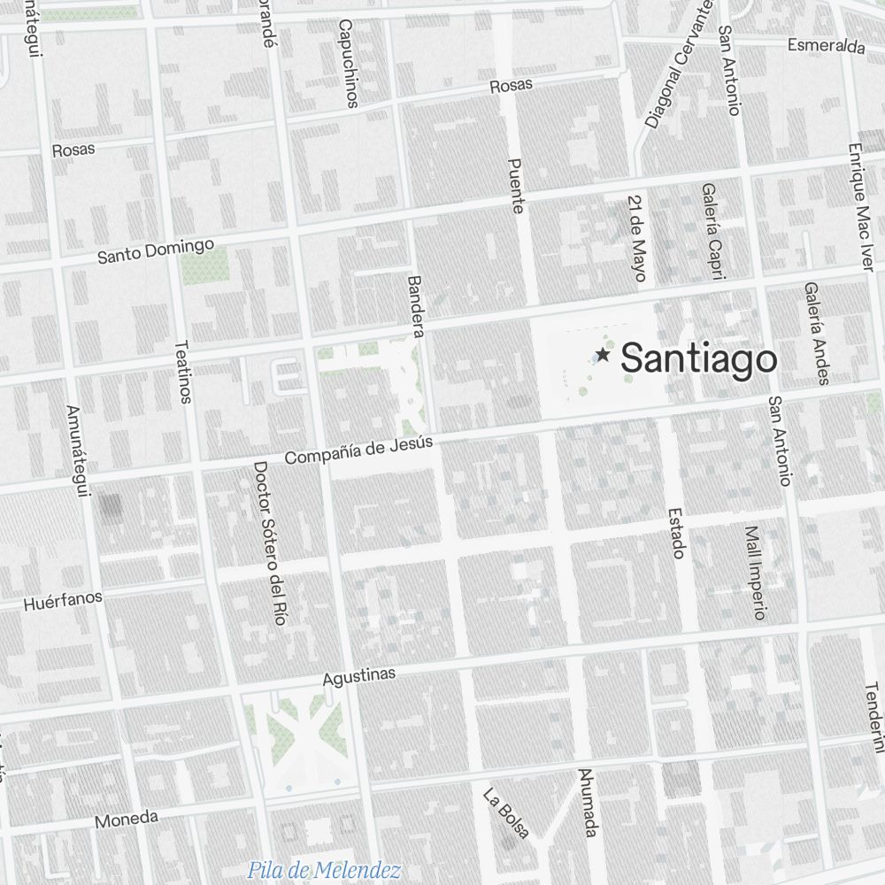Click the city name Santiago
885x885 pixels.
click(x=698, y=359)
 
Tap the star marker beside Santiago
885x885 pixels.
click(x=603, y=355)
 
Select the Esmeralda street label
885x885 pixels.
click(x=826, y=46)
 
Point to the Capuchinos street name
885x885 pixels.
click(x=346, y=64)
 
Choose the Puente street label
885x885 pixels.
click(x=518, y=186)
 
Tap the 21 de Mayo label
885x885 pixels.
click(x=636, y=238)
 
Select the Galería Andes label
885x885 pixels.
click(x=817, y=333)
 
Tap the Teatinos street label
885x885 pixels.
click(x=182, y=372)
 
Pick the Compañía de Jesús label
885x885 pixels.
click(x=358, y=450)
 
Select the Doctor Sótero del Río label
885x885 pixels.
click(x=268, y=543)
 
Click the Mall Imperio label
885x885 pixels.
click(x=755, y=573)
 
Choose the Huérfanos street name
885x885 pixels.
click(x=63, y=602)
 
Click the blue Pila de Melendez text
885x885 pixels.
click(x=324, y=870)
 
